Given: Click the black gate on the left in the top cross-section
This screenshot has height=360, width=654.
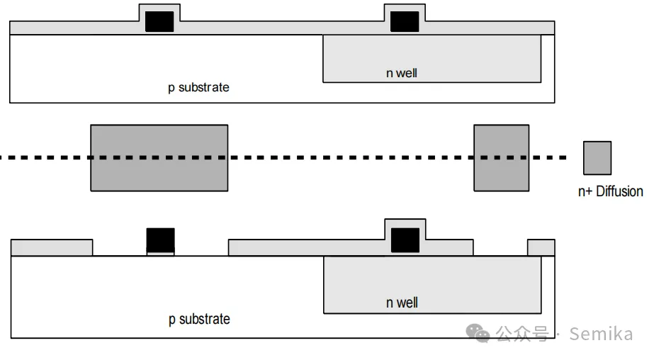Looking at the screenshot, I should tap(159, 21).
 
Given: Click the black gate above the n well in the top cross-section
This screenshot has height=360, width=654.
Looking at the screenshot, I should tap(405, 21).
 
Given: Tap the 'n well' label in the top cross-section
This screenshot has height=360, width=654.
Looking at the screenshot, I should tap(402, 73).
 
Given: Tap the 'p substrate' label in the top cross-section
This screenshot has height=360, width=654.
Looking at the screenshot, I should tap(198, 88).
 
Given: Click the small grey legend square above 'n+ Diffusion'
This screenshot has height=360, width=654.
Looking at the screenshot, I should tap(597, 158).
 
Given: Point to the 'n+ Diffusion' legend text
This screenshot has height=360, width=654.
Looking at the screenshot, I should tap(611, 191).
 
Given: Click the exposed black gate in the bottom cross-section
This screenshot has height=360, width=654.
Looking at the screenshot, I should tap(160, 240).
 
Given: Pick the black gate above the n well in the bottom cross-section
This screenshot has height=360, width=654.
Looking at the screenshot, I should tap(405, 240).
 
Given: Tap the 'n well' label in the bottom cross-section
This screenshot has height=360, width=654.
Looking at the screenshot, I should tap(402, 303).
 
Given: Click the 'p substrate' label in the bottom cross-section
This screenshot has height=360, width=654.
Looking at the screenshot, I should tap(199, 319).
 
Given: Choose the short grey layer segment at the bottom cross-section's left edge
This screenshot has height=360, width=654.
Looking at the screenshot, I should tap(52, 248).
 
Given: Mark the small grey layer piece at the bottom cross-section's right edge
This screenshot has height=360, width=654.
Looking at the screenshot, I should tap(541, 248).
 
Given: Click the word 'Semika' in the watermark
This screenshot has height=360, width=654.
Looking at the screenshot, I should tap(601, 334).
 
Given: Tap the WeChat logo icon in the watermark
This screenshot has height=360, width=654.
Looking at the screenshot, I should tap(481, 333).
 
